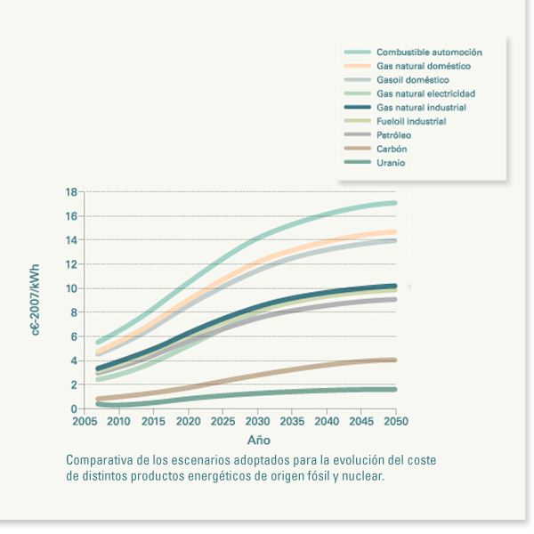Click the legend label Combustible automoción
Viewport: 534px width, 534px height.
(x=429, y=53)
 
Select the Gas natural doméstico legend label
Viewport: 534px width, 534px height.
(x=424, y=66)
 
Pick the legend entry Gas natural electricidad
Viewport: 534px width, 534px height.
(x=425, y=93)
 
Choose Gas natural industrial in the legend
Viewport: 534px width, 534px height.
(x=421, y=108)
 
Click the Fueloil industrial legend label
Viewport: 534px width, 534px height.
(x=411, y=121)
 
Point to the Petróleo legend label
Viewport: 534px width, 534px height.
(x=393, y=134)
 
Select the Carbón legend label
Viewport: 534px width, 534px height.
(x=392, y=149)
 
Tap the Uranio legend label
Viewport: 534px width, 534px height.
(x=391, y=163)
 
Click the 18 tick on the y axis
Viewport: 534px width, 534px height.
(x=72, y=191)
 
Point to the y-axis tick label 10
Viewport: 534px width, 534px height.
(x=72, y=288)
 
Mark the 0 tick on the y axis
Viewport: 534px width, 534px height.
(x=75, y=409)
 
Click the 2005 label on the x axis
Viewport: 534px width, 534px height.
(x=85, y=421)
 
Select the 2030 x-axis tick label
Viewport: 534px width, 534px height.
(x=258, y=421)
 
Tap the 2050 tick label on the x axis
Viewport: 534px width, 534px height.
(x=396, y=421)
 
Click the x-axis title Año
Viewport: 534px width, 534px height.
(x=258, y=440)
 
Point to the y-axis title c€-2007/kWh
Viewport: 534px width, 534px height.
(x=36, y=300)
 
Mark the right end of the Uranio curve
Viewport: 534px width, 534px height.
(x=394, y=389)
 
